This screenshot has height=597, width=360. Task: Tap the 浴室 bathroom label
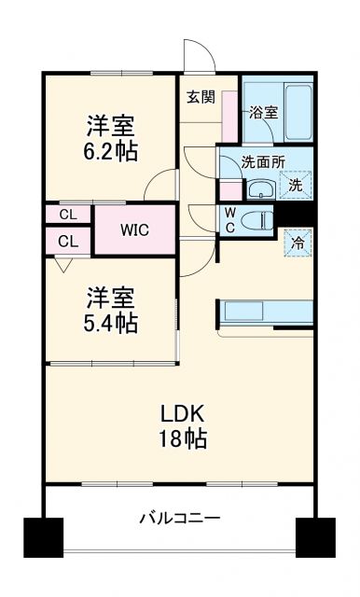[263, 112]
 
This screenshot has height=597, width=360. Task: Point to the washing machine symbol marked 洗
[295, 185]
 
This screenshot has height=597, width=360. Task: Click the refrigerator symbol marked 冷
[298, 242]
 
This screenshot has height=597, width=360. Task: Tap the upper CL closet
[67, 215]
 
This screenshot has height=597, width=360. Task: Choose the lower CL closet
[67, 241]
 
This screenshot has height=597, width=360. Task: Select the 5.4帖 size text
[112, 324]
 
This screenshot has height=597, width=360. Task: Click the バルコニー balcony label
[179, 516]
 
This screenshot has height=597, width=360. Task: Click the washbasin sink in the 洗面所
[260, 189]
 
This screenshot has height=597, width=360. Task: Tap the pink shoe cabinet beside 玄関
[228, 116]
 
